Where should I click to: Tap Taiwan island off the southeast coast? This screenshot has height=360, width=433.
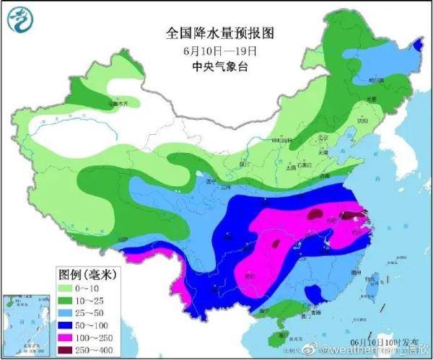(x=373, y=281)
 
